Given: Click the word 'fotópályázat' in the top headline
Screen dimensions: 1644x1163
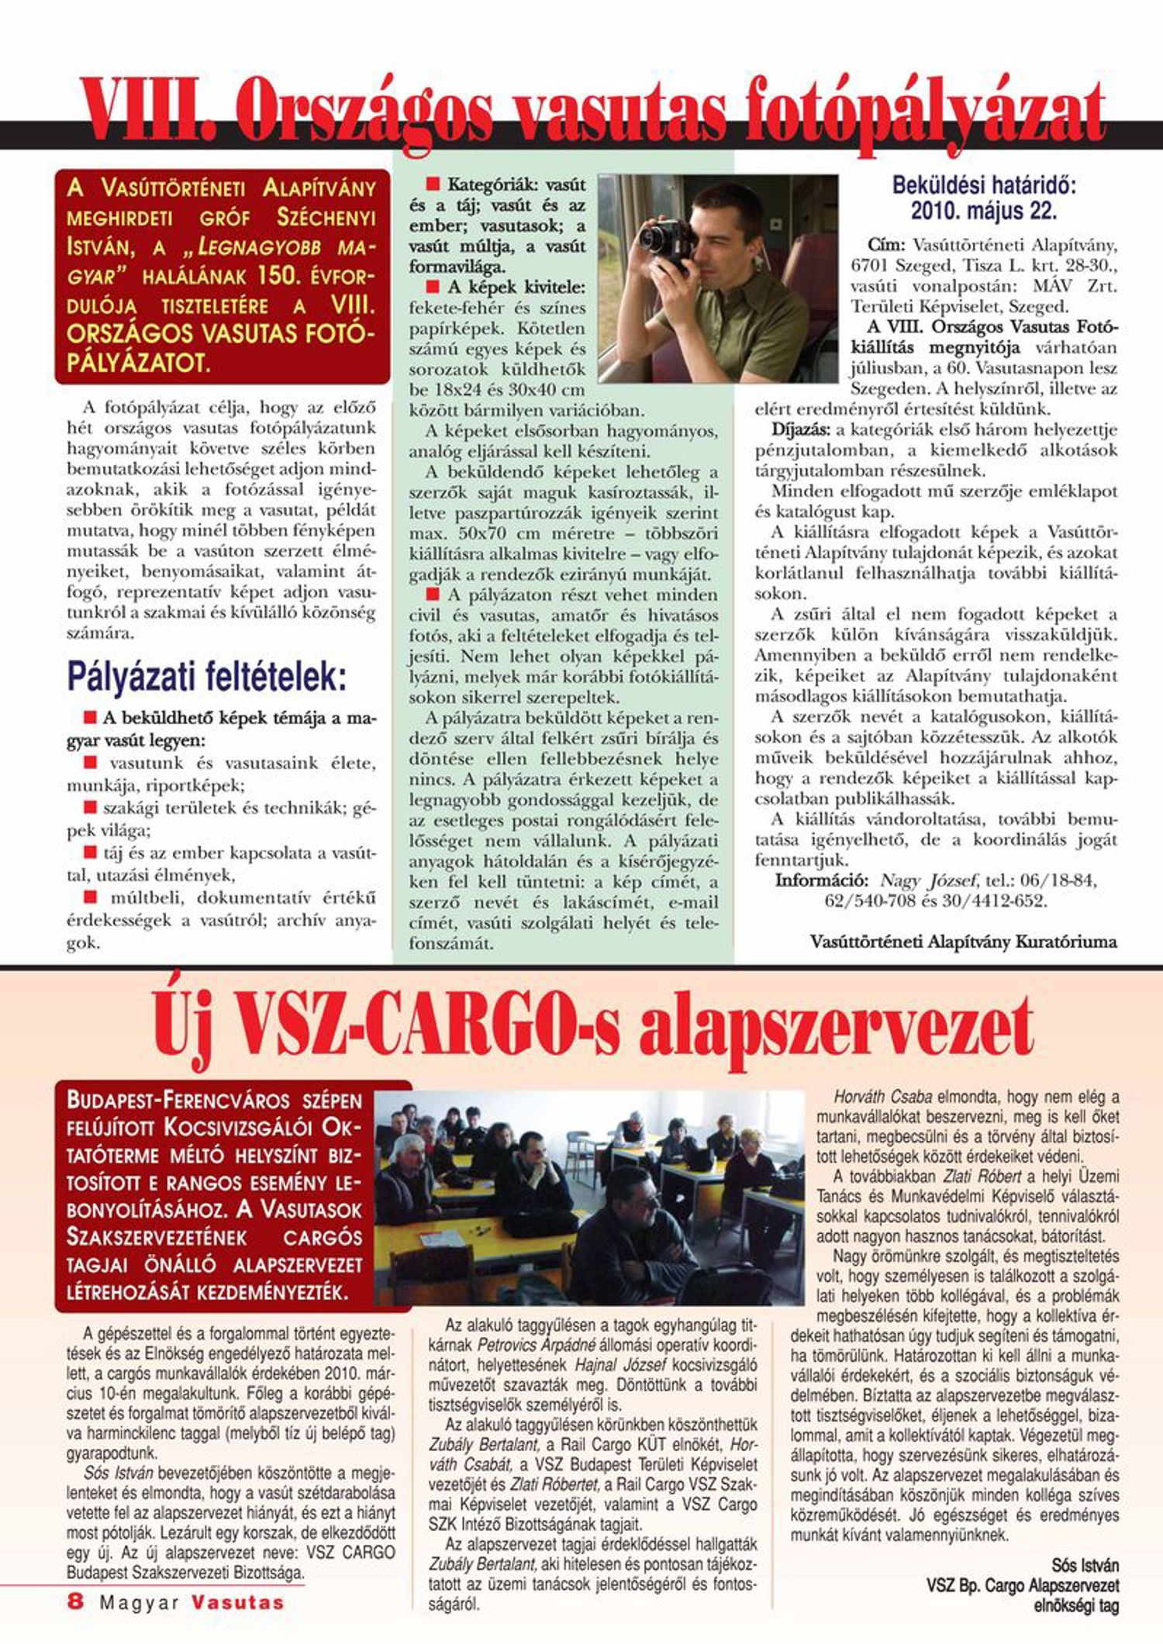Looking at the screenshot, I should (923, 116).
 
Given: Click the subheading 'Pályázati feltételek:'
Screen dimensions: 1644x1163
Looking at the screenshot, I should (206, 676).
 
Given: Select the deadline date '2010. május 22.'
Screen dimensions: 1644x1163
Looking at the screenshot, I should (983, 210).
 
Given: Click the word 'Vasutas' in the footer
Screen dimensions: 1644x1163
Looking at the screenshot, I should (238, 1602).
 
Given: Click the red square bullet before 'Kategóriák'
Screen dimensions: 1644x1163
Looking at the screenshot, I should (433, 184).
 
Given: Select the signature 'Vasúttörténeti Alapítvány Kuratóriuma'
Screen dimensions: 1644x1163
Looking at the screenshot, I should (963, 942).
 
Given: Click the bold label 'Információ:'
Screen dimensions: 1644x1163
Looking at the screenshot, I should (821, 881).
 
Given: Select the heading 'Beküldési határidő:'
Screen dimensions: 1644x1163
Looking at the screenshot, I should (984, 185).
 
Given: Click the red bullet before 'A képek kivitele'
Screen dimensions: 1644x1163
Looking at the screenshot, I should (433, 287).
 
